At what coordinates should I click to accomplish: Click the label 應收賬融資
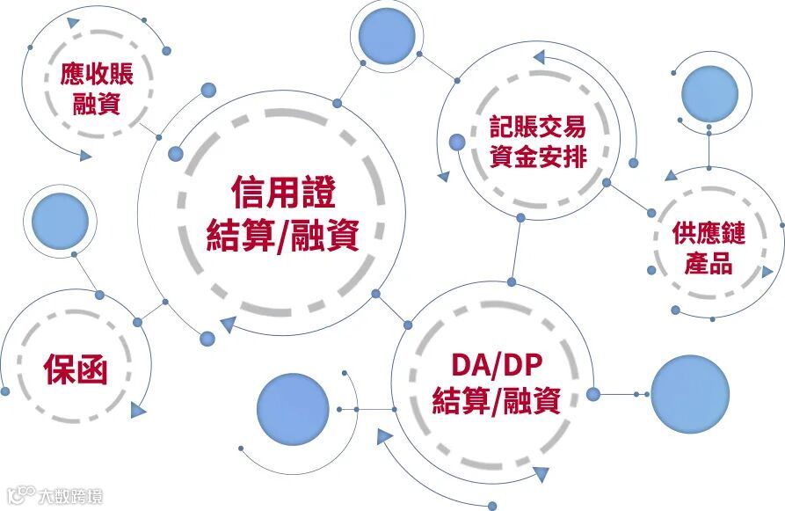point(97,89)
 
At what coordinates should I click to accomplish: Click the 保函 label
point(76,370)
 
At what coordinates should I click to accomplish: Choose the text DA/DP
point(498,364)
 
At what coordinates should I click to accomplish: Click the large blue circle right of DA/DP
point(689,394)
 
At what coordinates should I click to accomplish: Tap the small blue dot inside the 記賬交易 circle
point(456,142)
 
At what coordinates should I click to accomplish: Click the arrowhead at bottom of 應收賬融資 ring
point(84,157)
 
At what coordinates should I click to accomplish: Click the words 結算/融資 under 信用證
point(283,236)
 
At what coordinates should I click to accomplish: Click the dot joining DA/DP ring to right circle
point(592,394)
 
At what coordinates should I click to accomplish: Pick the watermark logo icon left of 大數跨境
point(19,496)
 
